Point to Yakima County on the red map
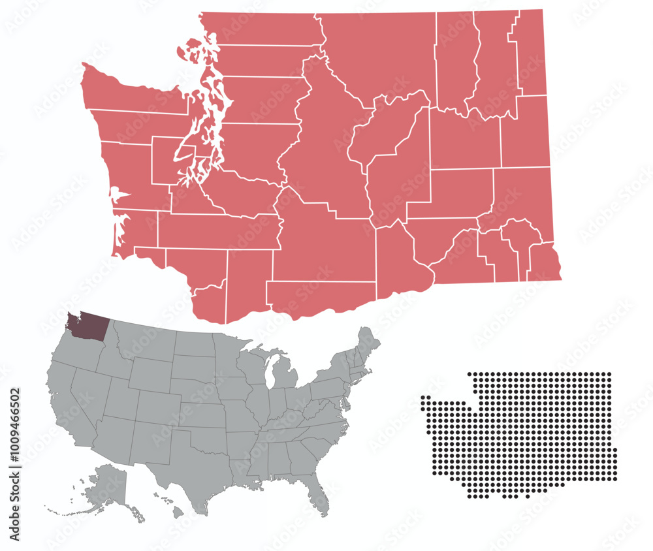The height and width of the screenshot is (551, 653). [320, 248]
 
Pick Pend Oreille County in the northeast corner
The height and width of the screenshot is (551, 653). [529, 52]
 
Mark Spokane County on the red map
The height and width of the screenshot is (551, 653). [526, 131]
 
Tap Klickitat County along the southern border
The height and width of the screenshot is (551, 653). [320, 297]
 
